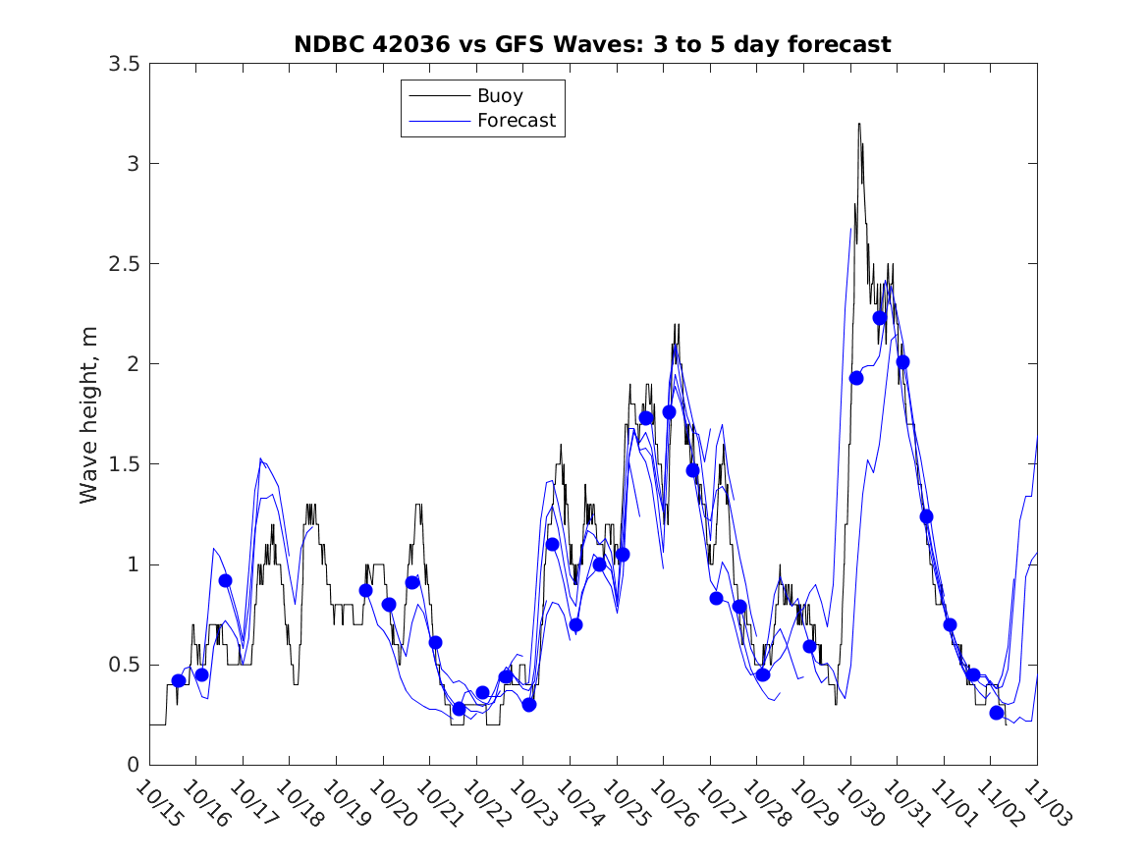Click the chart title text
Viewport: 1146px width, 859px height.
[592, 44]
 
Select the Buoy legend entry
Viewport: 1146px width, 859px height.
[500, 96]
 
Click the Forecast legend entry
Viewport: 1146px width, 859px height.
[517, 121]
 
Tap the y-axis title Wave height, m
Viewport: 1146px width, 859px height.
[89, 414]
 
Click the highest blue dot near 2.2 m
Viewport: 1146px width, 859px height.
[880, 317]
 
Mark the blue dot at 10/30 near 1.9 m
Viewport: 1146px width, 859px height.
[856, 378]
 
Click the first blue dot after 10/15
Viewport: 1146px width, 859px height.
[179, 680]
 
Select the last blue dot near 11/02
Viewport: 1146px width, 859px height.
[997, 713]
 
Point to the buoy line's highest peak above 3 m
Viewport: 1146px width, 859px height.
[859, 125]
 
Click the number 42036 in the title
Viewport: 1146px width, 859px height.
[413, 44]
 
